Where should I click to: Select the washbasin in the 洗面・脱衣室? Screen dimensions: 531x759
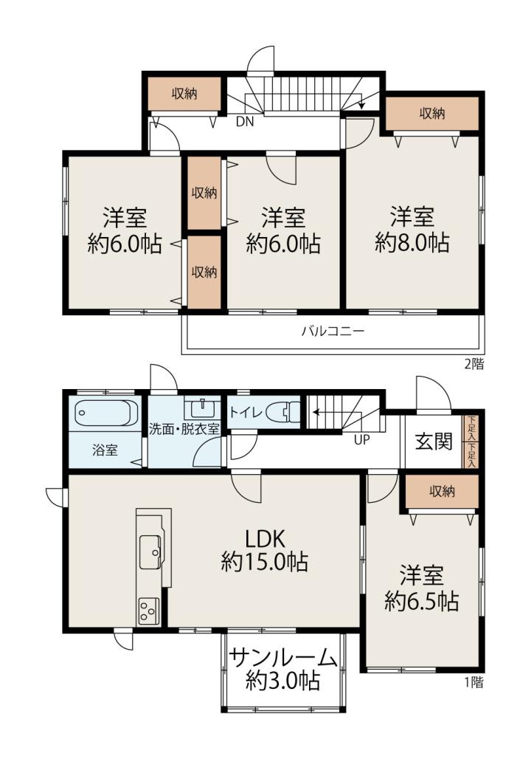(x=202, y=409)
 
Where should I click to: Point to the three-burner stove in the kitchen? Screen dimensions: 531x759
(x=148, y=611)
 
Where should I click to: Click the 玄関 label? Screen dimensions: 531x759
(x=434, y=441)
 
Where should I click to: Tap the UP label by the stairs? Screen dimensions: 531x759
(x=361, y=439)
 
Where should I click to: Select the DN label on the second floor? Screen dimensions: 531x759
(x=245, y=122)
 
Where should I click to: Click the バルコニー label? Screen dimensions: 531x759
(x=333, y=332)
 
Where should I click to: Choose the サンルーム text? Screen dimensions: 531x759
(x=282, y=659)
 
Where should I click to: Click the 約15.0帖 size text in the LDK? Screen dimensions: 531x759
(x=265, y=562)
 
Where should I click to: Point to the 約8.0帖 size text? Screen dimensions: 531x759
(x=412, y=242)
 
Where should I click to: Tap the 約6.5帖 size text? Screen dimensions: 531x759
(x=422, y=601)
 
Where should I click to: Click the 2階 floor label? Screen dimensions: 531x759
(x=474, y=364)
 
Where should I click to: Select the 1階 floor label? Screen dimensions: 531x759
(x=474, y=682)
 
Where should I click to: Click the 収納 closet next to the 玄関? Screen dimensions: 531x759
(x=442, y=492)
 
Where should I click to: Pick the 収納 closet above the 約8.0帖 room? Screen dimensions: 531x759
(x=432, y=114)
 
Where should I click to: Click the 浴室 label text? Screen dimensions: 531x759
(x=105, y=450)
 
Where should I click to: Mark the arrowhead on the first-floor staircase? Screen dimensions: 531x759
(x=316, y=413)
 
